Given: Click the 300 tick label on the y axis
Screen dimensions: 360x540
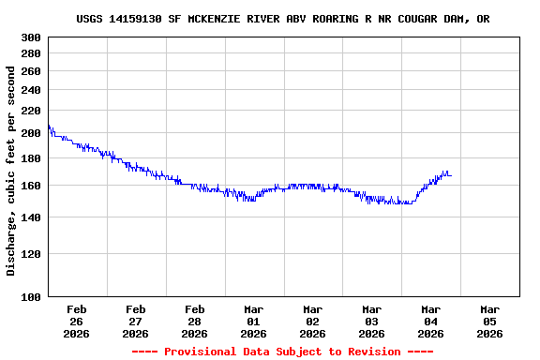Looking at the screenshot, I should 31,37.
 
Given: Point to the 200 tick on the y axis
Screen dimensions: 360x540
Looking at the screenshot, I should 31,133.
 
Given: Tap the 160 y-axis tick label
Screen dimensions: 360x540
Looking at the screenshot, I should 31,186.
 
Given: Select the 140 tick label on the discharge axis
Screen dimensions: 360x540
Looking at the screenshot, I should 31,217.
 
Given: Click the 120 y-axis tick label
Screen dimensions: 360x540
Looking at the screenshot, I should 31,253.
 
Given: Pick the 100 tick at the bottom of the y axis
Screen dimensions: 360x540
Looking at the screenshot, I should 31,296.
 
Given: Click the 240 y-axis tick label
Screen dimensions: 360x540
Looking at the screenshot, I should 31,90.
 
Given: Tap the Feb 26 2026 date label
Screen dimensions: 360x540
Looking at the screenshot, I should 77,321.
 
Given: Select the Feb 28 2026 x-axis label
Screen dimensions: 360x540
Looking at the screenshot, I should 195,321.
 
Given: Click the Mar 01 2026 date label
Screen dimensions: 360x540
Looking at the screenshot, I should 254,321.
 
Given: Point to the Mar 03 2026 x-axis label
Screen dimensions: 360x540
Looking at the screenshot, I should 372,321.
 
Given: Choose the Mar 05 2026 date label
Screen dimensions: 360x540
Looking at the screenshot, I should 489,321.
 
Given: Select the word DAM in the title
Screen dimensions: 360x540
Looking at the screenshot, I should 451,19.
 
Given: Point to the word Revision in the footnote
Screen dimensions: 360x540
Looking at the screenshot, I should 374,352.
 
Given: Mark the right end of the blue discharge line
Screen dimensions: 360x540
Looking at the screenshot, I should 451,175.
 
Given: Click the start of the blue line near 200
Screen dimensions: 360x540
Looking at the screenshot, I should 48,127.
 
